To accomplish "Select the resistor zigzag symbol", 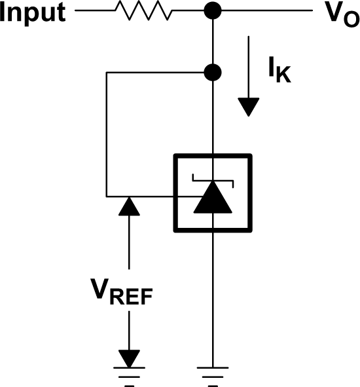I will [x=142, y=11].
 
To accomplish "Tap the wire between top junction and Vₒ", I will [x=262, y=11].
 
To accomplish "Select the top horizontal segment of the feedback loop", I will [x=157, y=71].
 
